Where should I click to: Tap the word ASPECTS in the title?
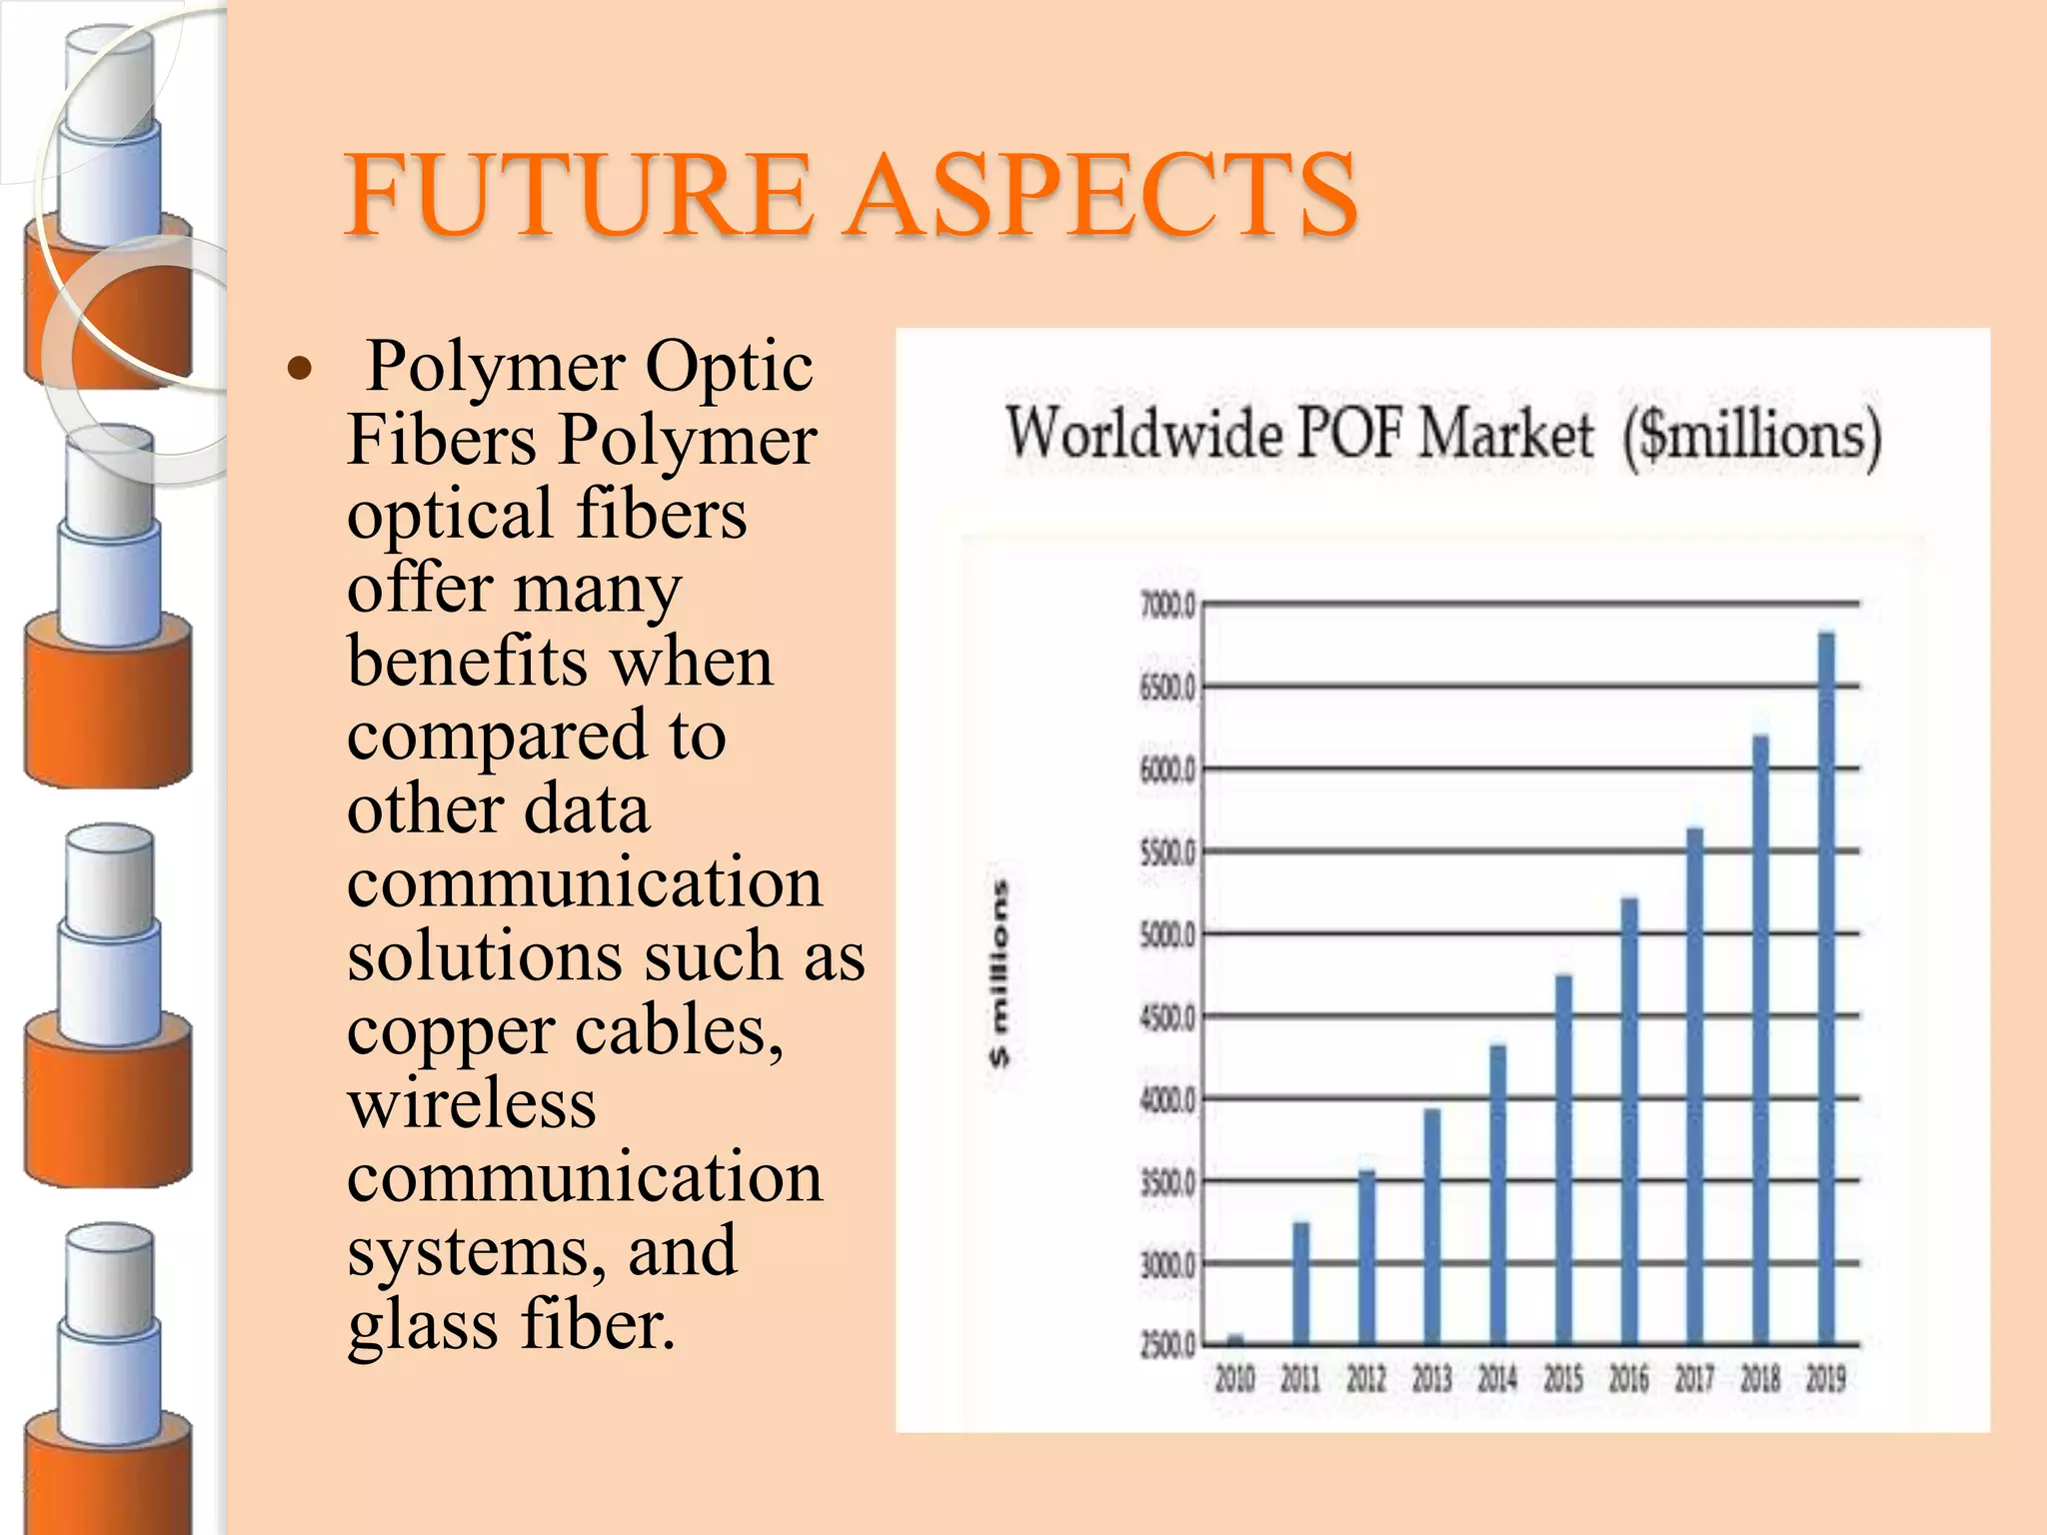point(1099,195)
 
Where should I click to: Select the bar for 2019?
point(1826,989)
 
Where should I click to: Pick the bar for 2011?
point(1300,1284)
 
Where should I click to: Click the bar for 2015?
point(1563,1159)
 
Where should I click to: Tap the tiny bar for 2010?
point(1235,1339)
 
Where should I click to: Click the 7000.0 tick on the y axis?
point(1166,606)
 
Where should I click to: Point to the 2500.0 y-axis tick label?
point(1166,1346)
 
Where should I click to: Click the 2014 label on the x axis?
point(1497,1380)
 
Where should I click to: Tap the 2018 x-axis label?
point(1760,1380)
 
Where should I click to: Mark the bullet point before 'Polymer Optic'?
point(300,370)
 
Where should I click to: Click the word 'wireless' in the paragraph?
point(472,1105)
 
